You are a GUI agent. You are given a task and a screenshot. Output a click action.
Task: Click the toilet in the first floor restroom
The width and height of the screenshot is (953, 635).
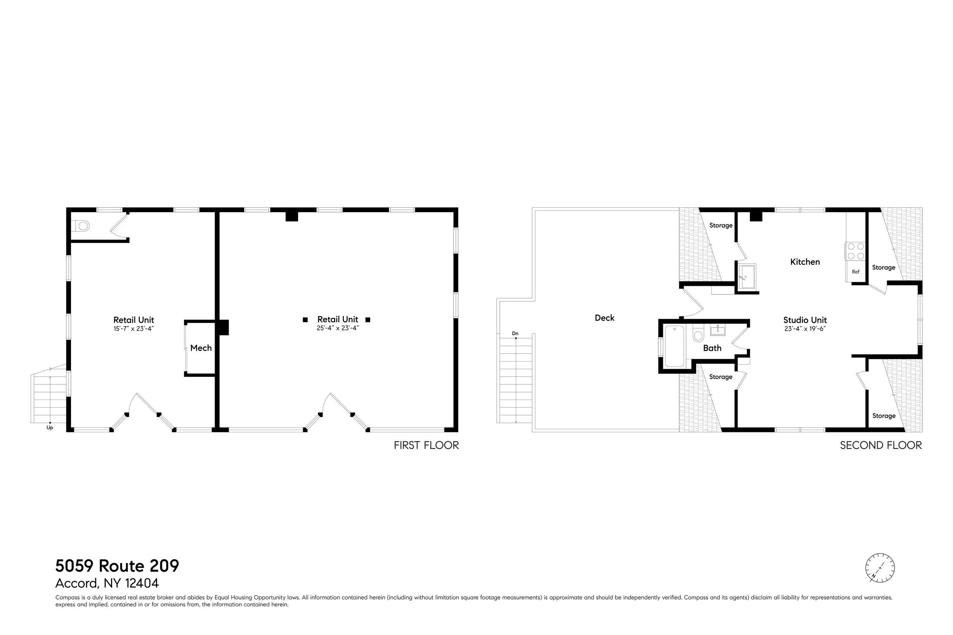point(82,226)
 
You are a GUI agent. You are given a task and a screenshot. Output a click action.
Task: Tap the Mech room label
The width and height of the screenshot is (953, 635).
point(201,348)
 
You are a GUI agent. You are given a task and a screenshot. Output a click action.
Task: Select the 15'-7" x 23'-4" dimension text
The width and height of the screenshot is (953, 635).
point(134,329)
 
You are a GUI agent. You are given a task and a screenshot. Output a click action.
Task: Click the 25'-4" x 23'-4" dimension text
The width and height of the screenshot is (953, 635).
point(338,328)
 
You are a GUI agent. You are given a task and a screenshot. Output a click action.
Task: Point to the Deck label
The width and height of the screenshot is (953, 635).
point(605,318)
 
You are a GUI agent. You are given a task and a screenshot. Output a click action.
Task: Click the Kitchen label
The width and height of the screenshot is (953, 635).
point(805,262)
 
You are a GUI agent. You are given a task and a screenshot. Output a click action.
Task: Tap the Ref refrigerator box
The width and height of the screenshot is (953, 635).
point(855,272)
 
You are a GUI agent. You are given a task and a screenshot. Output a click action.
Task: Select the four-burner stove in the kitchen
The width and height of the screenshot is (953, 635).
point(855,251)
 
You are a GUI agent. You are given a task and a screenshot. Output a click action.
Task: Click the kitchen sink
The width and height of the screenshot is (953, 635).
point(747,277)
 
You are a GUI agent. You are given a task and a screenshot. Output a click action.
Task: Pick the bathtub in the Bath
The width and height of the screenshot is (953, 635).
point(674,346)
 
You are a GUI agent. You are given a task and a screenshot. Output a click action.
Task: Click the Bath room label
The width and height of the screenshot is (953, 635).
point(712,348)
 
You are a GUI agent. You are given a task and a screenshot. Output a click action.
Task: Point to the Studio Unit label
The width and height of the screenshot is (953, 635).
point(805,320)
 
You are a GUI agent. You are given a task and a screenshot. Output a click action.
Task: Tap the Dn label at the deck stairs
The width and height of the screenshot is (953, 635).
point(515,334)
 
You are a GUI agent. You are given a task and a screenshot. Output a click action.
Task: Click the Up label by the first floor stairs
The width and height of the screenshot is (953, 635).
point(50,428)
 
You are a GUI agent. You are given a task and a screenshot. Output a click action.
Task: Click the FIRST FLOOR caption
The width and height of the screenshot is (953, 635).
point(426,445)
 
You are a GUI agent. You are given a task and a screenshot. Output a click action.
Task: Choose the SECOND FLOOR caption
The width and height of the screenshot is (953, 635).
point(881,445)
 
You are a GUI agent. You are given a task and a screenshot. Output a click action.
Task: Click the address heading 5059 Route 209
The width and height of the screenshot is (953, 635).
point(117,566)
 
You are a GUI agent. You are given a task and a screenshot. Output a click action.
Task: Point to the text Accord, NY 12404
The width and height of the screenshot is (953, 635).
point(107,583)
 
